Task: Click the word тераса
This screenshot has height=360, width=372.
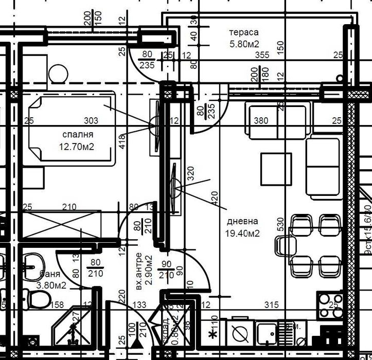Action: click(x=243, y=33)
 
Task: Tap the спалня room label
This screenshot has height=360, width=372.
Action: click(x=78, y=135)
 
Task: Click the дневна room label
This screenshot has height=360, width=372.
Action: click(x=242, y=222)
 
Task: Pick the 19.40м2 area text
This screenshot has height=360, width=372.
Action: click(x=242, y=233)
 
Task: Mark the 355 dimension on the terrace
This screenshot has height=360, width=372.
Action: click(x=262, y=55)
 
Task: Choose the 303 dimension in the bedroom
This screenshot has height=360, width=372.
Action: click(x=91, y=121)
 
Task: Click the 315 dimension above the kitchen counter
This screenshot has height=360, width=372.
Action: click(x=271, y=305)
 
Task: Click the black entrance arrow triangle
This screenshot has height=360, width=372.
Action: click(x=137, y=341)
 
